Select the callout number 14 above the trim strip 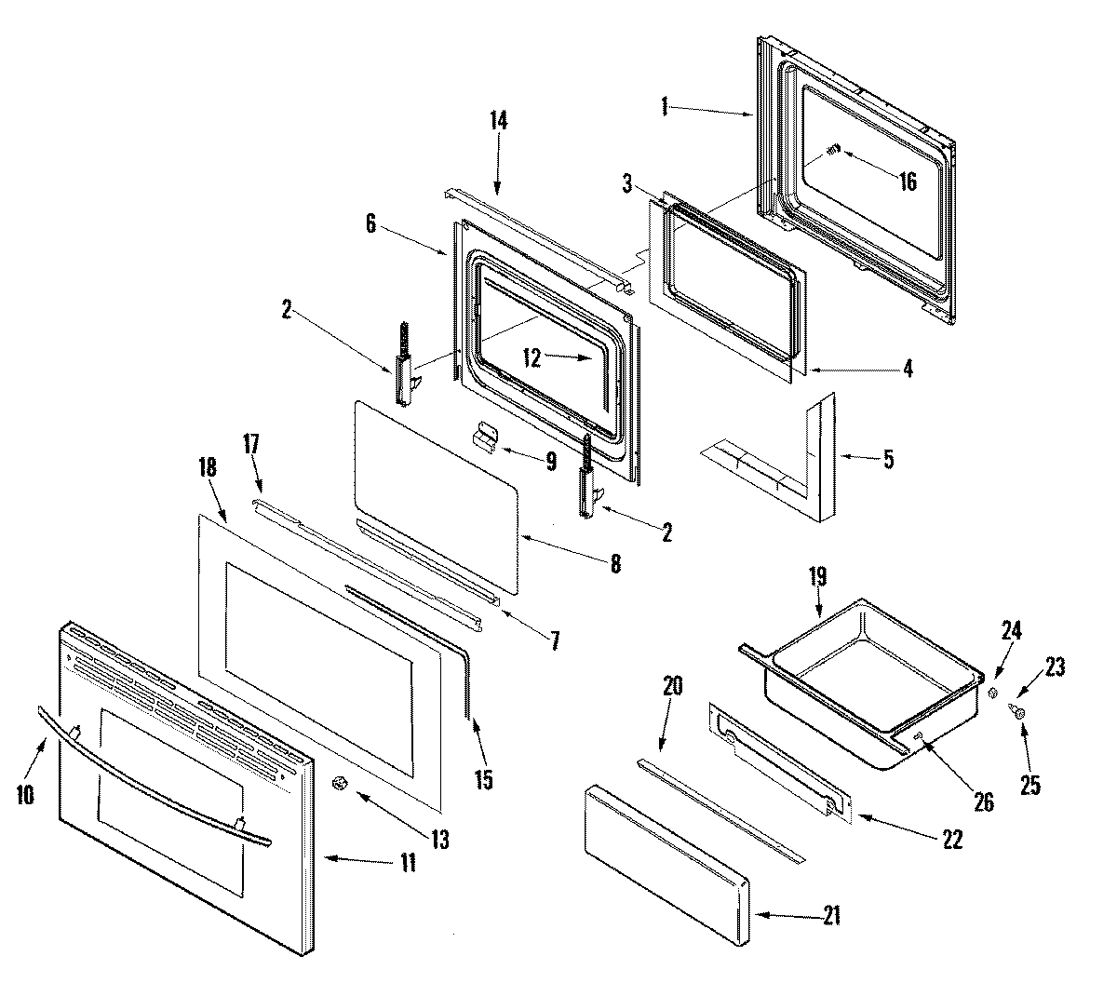[499, 120]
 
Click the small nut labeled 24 [992, 693]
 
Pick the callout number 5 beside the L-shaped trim [889, 459]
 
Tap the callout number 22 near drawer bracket [950, 839]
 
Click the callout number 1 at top [665, 108]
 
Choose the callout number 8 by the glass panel [614, 563]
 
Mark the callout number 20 [673, 688]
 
